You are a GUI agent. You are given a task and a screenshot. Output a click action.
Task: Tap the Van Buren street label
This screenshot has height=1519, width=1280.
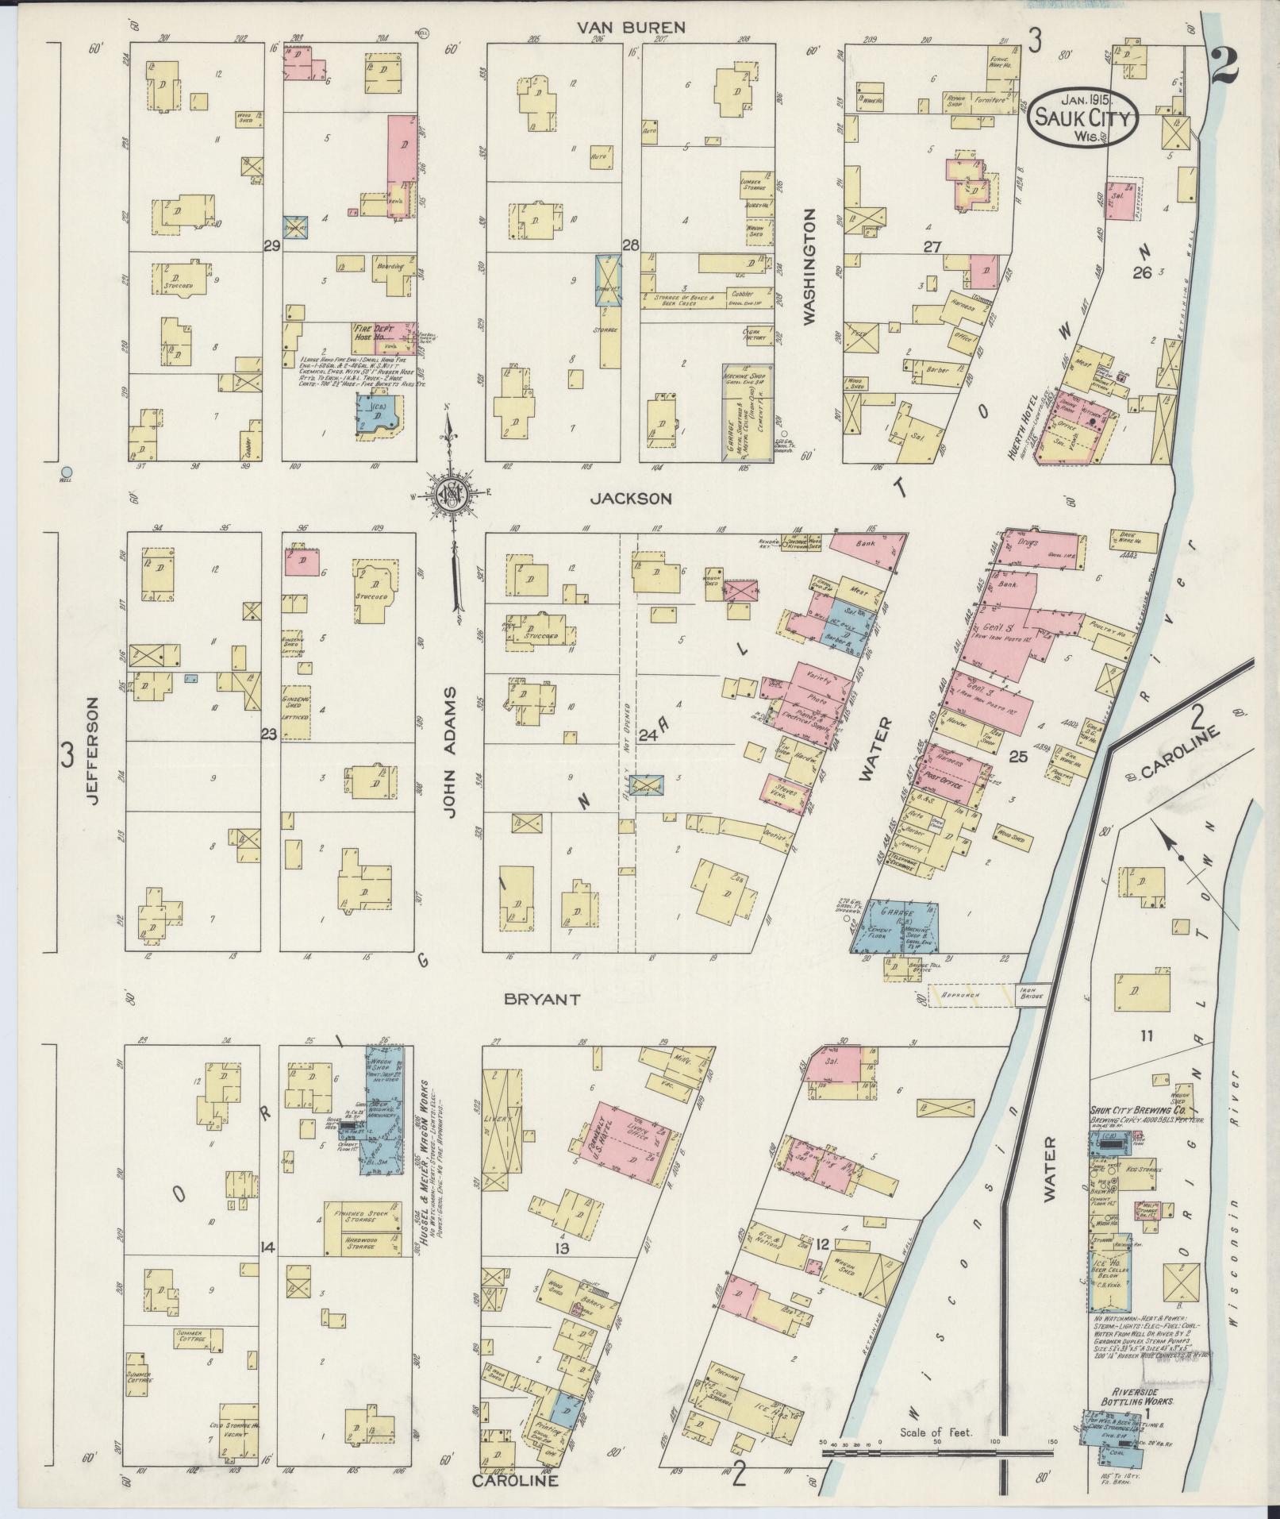point(630,28)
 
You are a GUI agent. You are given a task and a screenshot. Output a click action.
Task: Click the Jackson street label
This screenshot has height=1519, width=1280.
point(632,499)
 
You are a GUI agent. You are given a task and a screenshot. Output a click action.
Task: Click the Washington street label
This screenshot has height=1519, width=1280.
point(809,267)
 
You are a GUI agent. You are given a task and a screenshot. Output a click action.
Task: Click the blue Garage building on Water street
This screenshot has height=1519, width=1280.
point(894,926)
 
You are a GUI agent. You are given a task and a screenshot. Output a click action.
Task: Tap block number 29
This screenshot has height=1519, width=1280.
point(271,248)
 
